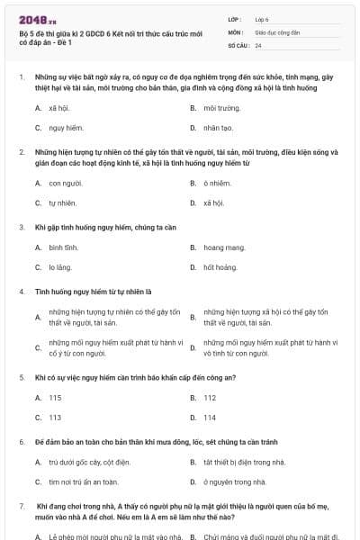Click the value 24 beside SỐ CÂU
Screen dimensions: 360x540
click(x=258, y=45)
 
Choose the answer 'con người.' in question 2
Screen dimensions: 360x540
click(x=66, y=184)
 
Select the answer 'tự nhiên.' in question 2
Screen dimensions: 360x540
click(x=63, y=203)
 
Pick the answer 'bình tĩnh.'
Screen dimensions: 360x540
click(x=63, y=247)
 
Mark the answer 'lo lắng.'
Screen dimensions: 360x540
click(x=59, y=267)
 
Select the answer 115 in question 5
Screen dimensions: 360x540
click(x=56, y=398)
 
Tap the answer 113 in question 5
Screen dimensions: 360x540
click(x=56, y=418)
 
